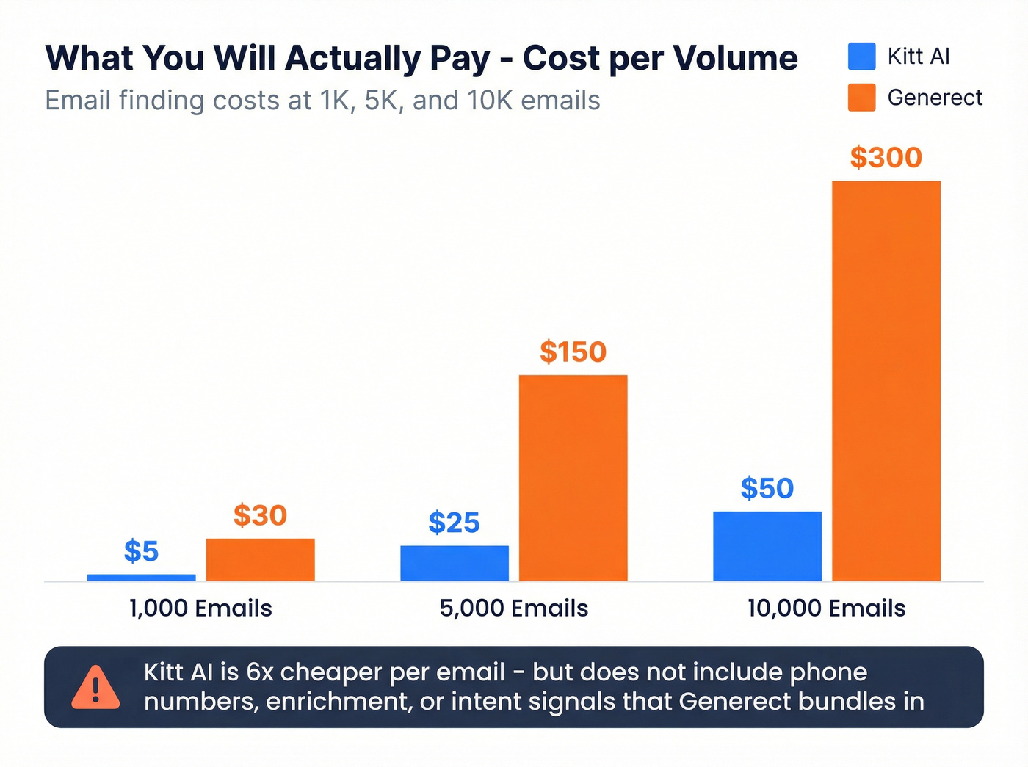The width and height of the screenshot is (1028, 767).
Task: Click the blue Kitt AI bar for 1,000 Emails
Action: [141, 578]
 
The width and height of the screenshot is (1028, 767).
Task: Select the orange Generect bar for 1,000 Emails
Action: [260, 559]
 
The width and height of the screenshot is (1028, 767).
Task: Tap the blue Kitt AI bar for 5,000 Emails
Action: [454, 563]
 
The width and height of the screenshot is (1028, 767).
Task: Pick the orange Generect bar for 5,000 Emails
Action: [573, 478]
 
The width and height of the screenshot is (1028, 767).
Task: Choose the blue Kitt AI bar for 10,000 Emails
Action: [767, 546]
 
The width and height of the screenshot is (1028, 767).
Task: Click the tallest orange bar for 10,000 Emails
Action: [886, 381]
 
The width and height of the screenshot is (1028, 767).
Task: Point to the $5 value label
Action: [141, 551]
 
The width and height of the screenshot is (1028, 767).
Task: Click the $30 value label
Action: [260, 515]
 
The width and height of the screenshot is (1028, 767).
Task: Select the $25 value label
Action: [454, 523]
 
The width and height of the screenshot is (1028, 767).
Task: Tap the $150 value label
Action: [573, 352]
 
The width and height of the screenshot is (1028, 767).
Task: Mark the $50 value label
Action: [767, 488]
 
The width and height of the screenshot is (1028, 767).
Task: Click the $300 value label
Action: [886, 157]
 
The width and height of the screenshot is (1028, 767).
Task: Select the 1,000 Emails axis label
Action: [200, 608]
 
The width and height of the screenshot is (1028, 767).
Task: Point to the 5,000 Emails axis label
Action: [513, 608]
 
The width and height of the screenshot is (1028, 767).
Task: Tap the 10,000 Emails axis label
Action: [826, 608]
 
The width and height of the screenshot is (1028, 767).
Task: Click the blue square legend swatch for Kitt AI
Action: [861, 57]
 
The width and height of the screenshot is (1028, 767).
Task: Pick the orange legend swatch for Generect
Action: [861, 98]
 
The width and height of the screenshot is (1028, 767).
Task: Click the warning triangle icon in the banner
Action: [95, 688]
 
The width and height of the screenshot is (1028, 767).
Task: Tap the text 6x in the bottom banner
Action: [259, 672]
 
